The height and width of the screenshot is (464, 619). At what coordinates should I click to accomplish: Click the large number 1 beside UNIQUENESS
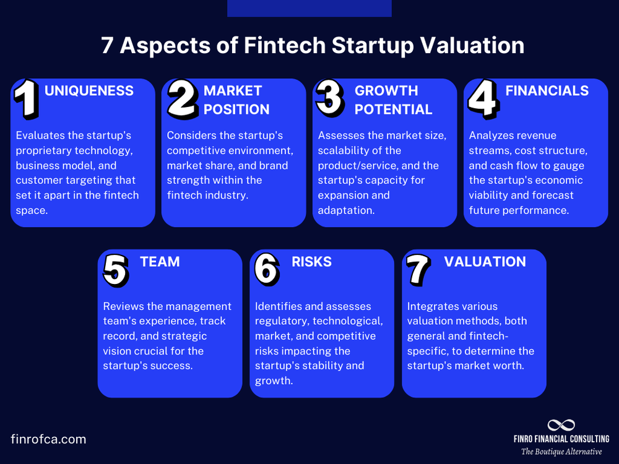(27, 99)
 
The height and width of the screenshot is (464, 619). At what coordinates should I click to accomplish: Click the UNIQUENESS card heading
(89, 91)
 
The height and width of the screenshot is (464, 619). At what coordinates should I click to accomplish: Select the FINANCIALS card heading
(547, 91)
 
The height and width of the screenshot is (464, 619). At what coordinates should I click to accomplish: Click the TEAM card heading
(160, 262)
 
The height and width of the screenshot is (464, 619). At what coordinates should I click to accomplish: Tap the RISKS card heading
(312, 262)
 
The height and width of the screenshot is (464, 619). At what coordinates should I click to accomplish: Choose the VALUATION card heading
(485, 262)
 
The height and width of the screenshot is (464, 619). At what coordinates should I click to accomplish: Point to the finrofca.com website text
(48, 439)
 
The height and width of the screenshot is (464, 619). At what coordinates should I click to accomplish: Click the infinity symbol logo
(561, 425)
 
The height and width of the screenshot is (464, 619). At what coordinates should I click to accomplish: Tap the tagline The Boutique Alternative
(561, 452)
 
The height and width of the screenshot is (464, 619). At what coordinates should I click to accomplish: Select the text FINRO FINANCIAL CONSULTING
(561, 439)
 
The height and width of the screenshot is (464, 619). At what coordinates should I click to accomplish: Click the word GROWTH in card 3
(386, 91)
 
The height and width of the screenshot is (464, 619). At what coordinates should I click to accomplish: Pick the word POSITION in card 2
(237, 110)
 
